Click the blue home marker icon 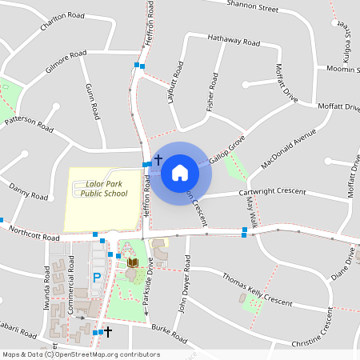pos(180,172)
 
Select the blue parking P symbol pos(98,278)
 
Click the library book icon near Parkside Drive pos(134,262)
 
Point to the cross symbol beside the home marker pos(158,160)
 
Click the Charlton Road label pos(62,25)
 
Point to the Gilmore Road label pos(66,63)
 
